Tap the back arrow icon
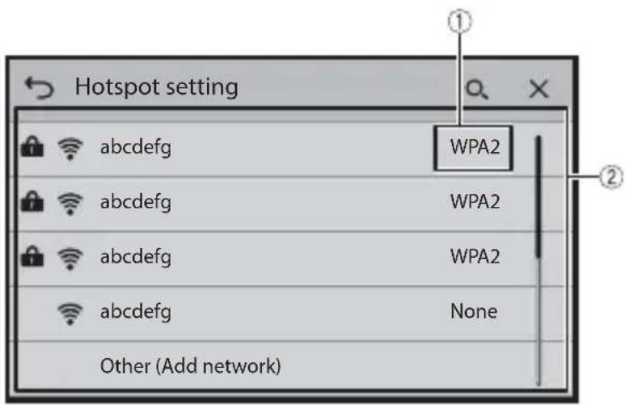click(39, 88)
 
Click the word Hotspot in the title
click(117, 87)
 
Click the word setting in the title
click(201, 87)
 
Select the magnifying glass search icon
click(477, 89)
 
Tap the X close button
click(539, 88)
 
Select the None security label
click(474, 311)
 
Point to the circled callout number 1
click(459, 22)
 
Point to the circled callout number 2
click(611, 176)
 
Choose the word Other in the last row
click(125, 366)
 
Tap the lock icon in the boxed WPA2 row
click(32, 146)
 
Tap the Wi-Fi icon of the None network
click(70, 314)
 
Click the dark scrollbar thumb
click(538, 197)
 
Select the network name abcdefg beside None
click(136, 312)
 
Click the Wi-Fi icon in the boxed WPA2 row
click(70, 149)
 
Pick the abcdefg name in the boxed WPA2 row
click(136, 148)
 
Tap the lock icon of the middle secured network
click(32, 201)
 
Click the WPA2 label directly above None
click(475, 256)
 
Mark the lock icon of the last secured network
click(32, 256)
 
